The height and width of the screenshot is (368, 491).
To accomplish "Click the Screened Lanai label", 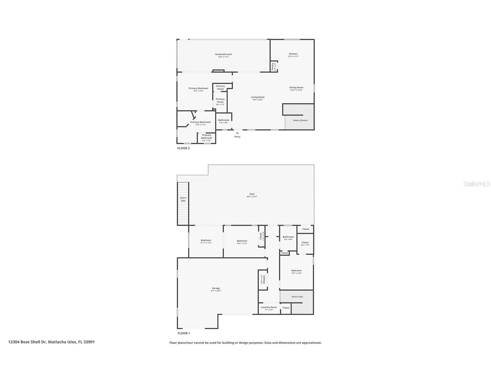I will [x=223, y=54].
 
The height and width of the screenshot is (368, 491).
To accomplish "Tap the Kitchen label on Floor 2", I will [x=293, y=54].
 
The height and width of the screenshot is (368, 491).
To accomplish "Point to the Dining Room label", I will [x=296, y=88].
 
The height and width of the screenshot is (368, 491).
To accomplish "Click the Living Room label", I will [x=258, y=97].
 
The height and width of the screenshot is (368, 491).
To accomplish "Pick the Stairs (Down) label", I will [x=300, y=120].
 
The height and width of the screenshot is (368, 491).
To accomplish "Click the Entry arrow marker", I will [x=237, y=133].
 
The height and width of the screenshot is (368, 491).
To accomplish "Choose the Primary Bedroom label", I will [x=198, y=89].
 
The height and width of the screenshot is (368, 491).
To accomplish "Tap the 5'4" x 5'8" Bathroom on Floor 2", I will [x=224, y=121].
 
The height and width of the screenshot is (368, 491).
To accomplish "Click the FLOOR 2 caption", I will [x=183, y=148].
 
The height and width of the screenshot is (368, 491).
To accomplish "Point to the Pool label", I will [x=252, y=194].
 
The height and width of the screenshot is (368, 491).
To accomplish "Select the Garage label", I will [x=216, y=288].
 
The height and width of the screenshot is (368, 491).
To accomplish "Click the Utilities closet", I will [x=262, y=279].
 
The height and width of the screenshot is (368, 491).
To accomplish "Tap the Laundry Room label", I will [x=269, y=308].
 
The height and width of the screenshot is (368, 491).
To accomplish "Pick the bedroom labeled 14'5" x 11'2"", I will [x=242, y=241].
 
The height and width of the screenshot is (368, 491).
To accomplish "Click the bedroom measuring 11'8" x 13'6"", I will [x=296, y=271].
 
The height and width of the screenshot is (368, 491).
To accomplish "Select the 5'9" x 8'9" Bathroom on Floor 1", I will [x=288, y=237].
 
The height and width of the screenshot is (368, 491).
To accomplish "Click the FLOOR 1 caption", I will [x=184, y=333].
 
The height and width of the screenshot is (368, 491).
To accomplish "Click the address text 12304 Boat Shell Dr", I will [x=27, y=342].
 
